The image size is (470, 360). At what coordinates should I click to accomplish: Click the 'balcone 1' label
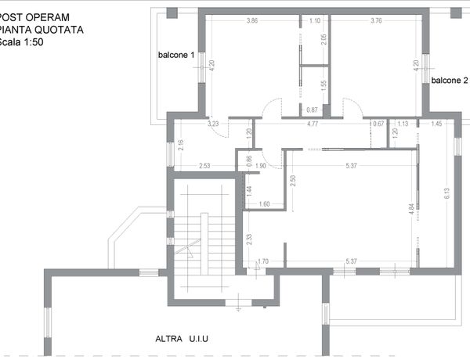[x=176, y=55]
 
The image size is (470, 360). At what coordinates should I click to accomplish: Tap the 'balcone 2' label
[x=450, y=81]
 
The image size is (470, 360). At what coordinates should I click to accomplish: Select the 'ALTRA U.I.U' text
[x=182, y=339]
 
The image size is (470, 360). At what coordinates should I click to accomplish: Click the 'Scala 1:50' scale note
[x=21, y=42]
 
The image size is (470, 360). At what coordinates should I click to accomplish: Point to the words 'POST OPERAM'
[x=34, y=17]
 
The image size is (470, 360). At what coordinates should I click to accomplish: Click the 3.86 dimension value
[x=252, y=20]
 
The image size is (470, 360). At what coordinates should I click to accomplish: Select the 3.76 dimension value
[x=376, y=20]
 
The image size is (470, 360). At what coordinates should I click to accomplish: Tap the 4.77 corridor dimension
[x=313, y=124]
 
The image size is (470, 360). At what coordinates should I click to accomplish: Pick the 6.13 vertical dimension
[x=446, y=193]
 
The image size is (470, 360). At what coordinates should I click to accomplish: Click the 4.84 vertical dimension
[x=411, y=209]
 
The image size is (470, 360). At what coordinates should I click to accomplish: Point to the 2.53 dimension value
[x=204, y=166]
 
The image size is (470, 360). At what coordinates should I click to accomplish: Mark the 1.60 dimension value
[x=264, y=204]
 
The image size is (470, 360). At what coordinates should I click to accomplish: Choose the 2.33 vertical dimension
[x=249, y=239]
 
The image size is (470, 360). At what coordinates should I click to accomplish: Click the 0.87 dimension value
[x=312, y=110]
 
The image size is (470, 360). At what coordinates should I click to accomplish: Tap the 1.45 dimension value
[x=436, y=124]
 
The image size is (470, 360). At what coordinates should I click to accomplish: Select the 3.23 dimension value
[x=213, y=124]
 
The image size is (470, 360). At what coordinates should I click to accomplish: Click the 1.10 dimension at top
[x=315, y=20]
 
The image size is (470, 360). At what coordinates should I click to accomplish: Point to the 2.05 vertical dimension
[x=324, y=40]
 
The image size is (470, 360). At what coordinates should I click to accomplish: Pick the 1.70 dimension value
[x=263, y=261]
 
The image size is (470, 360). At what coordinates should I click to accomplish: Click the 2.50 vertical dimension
[x=293, y=181]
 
